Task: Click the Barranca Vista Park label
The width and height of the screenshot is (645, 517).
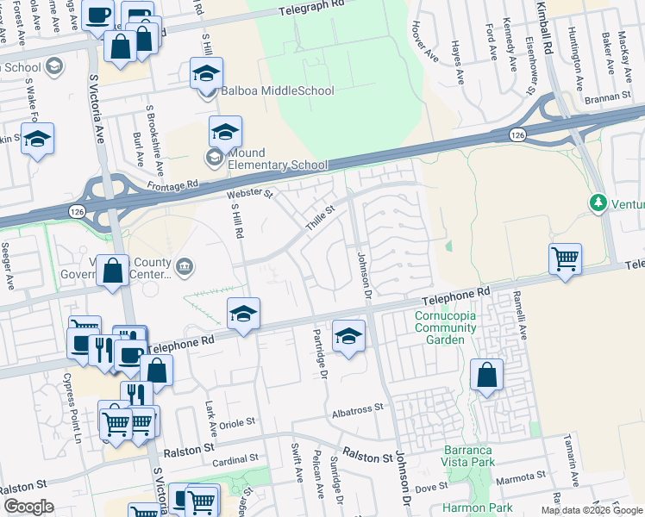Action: [469, 456]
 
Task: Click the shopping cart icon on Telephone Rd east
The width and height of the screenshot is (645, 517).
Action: [565, 257]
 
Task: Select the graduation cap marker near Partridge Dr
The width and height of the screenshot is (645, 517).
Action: [348, 335]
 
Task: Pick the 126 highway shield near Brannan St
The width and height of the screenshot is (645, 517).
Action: [517, 134]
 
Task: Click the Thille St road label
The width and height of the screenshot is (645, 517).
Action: [318, 217]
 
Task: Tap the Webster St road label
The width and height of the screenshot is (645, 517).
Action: [249, 195]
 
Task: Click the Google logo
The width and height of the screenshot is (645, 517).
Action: [28, 507]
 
